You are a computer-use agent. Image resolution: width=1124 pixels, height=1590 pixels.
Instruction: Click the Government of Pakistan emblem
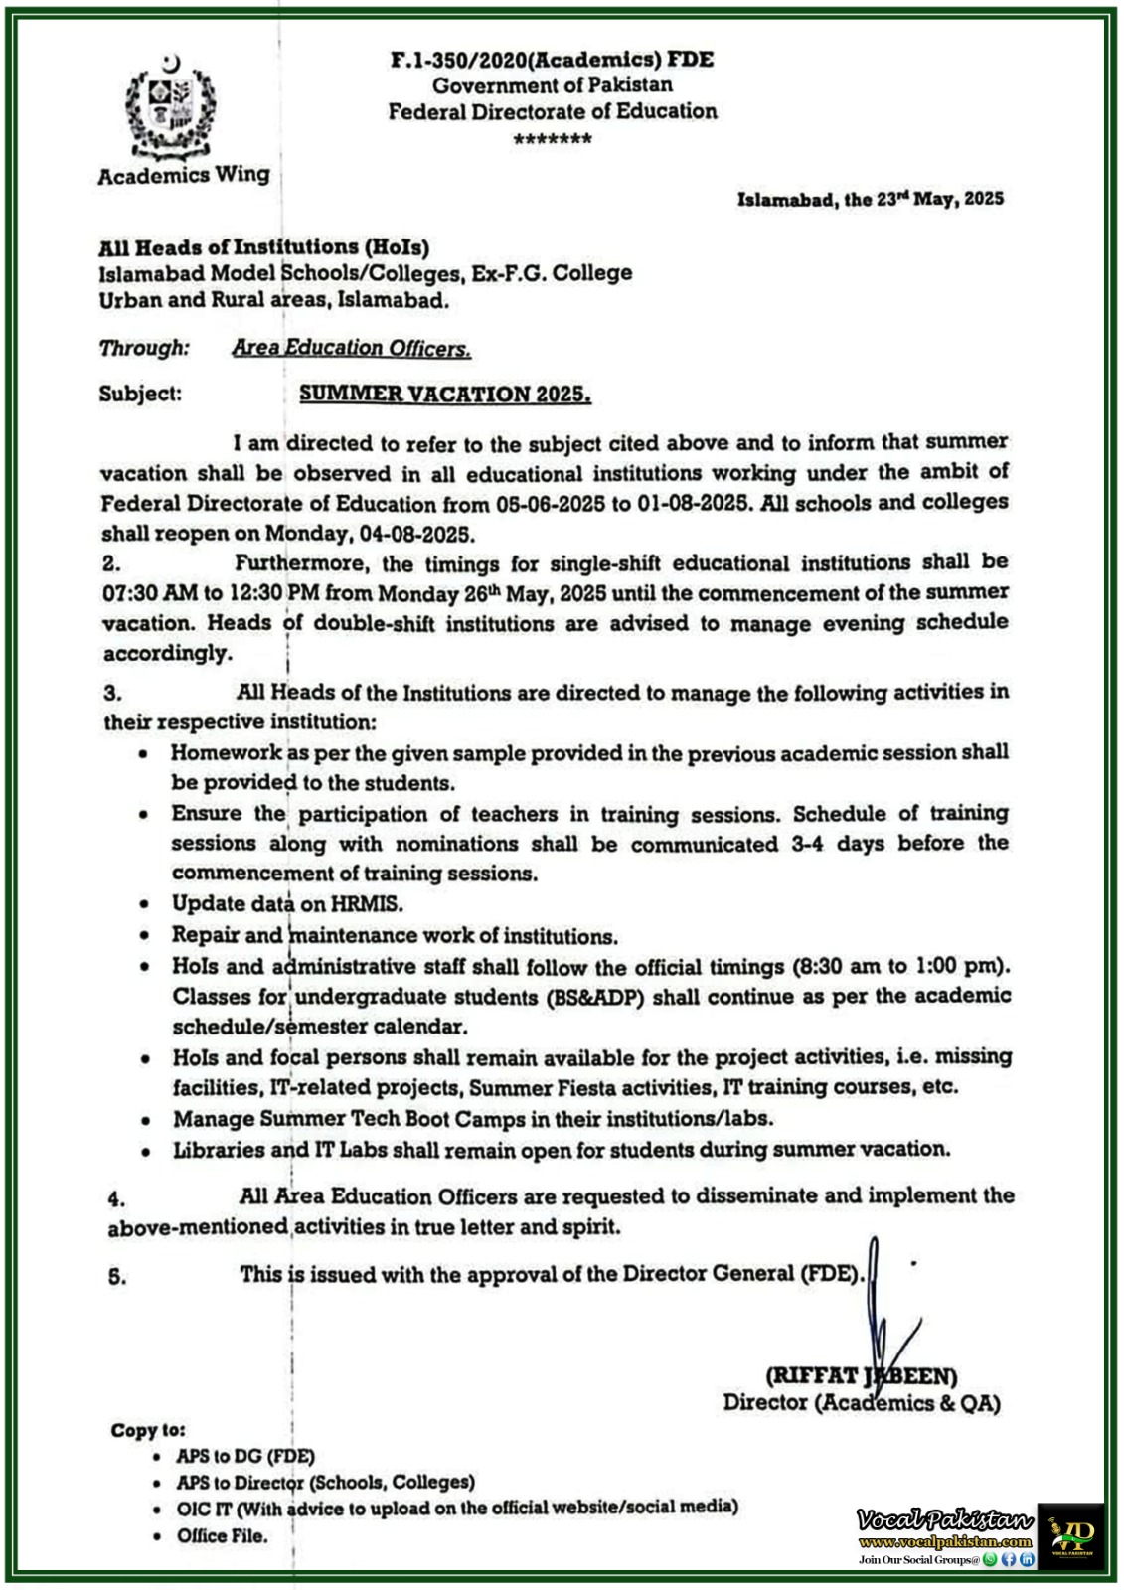tap(170, 107)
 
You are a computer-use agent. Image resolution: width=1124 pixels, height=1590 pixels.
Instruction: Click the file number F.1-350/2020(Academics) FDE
tap(552, 59)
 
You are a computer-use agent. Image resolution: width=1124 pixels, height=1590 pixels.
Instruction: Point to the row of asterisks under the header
tap(553, 139)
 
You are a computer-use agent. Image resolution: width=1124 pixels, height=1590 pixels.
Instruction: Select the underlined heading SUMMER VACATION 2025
tap(445, 395)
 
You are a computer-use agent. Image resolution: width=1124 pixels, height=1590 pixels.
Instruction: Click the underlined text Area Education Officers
tap(352, 348)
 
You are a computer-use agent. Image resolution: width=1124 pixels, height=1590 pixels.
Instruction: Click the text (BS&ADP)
tap(594, 997)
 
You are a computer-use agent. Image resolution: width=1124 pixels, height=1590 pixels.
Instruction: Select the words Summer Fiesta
tap(537, 1087)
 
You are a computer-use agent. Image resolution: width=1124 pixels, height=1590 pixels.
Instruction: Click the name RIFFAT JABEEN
tap(861, 1376)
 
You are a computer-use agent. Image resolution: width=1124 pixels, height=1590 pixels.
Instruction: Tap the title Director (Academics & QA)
tap(861, 1403)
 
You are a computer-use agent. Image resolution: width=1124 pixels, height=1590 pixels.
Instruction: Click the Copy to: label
tap(148, 1430)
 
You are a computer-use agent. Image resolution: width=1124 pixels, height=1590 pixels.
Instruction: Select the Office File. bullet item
tap(223, 1536)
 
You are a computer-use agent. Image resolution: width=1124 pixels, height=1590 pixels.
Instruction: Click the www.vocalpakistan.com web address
tap(945, 1542)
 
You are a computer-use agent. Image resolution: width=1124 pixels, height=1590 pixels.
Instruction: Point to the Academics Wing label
tap(184, 176)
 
